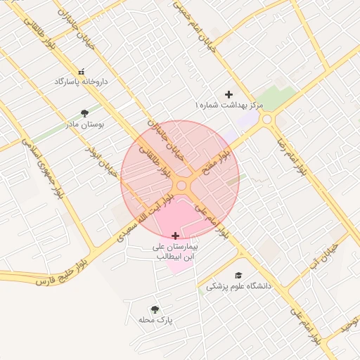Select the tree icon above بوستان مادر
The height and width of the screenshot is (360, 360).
click(85, 112)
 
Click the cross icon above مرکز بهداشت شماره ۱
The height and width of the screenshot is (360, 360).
click(228, 94)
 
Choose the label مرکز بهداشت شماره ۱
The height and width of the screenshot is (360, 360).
click(229, 105)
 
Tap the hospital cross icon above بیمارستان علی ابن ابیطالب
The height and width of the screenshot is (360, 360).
click(175, 236)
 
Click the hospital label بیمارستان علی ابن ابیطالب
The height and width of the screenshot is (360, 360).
click(176, 252)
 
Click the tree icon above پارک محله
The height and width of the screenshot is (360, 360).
click(155, 309)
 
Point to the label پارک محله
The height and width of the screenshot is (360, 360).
click(155, 320)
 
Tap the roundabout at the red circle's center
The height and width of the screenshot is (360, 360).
click(181, 185)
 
